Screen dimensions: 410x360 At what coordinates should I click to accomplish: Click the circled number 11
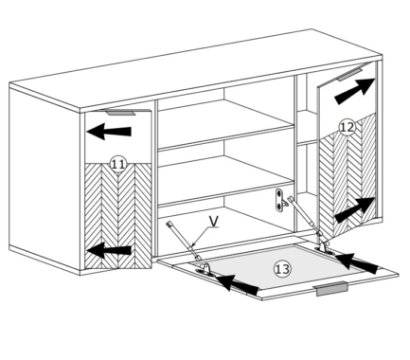(118, 164)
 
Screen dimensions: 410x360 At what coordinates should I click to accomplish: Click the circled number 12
(347, 127)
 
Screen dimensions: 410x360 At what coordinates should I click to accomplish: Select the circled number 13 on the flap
(282, 269)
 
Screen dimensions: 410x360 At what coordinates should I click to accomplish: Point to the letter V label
(214, 222)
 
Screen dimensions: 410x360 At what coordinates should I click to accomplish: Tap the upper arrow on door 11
(109, 132)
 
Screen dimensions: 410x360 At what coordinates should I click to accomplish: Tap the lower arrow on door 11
(109, 250)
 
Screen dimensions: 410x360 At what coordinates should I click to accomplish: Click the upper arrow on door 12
(355, 91)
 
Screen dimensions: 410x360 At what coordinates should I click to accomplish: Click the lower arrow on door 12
(355, 210)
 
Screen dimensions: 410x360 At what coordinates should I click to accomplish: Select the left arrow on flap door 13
(238, 283)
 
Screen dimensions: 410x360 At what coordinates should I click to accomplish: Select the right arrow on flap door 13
(357, 263)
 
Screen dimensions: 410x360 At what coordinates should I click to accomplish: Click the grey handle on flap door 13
(332, 289)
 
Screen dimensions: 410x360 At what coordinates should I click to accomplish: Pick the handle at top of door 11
(120, 112)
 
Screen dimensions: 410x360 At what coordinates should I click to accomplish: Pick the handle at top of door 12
(352, 73)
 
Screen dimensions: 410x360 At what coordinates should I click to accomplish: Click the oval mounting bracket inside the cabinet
(279, 200)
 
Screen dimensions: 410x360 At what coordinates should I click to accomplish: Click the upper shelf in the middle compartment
(226, 124)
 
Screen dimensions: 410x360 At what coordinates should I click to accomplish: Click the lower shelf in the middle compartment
(226, 181)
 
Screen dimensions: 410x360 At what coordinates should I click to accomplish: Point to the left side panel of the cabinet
(45, 177)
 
